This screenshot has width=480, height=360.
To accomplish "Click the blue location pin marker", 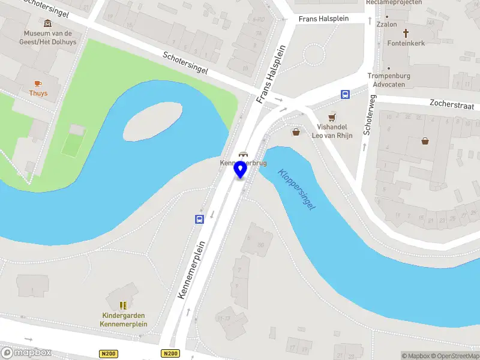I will click(x=241, y=169).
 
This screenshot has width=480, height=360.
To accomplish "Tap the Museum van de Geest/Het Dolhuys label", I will click(x=48, y=37).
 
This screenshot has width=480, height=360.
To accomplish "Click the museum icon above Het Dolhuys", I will click(x=48, y=23).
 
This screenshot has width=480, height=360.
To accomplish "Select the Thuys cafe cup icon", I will click(x=38, y=83).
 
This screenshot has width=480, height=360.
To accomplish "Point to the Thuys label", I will click(x=38, y=94).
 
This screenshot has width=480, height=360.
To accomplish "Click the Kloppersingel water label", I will click(x=296, y=188).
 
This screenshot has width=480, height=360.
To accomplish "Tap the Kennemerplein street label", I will click(x=192, y=269).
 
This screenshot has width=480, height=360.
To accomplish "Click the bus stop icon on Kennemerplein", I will click(x=199, y=219).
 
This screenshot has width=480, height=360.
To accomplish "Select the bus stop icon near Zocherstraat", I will click(x=346, y=94).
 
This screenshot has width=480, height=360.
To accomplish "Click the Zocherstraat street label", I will click(x=454, y=103).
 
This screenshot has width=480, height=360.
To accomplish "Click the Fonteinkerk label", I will click(x=406, y=43).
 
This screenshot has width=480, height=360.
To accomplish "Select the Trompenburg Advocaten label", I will click(x=389, y=80).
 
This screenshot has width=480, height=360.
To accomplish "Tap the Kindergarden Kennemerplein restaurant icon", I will click(x=123, y=305).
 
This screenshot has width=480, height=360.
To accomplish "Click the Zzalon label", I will click(x=386, y=25).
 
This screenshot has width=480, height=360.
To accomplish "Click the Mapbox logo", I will click(x=27, y=352).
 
